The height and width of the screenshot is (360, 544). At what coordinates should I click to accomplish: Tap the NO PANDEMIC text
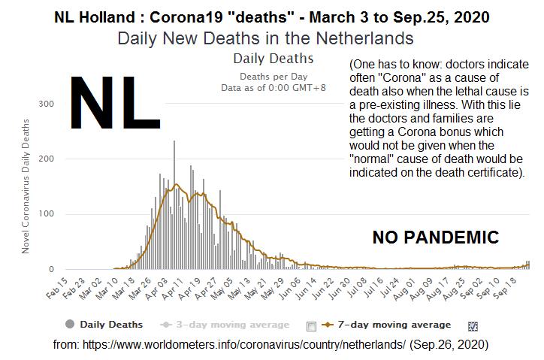tap(436, 238)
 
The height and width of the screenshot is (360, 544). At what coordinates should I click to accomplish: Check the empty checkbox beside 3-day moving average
tap(312, 325)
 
